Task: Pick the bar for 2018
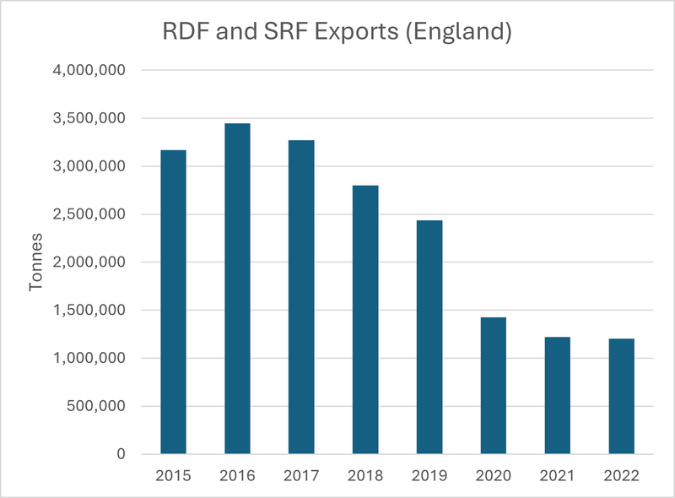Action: pyautogui.click(x=365, y=320)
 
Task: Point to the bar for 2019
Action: pyautogui.click(x=429, y=338)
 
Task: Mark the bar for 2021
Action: pyautogui.click(x=557, y=396)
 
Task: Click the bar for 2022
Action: pyautogui.click(x=621, y=397)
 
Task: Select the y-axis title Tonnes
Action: pyautogui.click(x=36, y=263)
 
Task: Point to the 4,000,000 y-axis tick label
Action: pyautogui.click(x=87, y=71)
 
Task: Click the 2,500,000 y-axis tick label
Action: pyautogui.click(x=87, y=214)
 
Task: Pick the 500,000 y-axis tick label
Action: pyautogui.click(x=94, y=406)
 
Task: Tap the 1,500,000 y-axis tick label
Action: pyautogui.click(x=87, y=311)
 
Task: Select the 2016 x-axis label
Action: pyautogui.click(x=237, y=475)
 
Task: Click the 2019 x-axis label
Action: pyautogui.click(x=429, y=475)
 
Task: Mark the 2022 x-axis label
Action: pyautogui.click(x=621, y=475)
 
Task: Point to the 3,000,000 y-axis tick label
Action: pyautogui.click(x=87, y=166)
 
